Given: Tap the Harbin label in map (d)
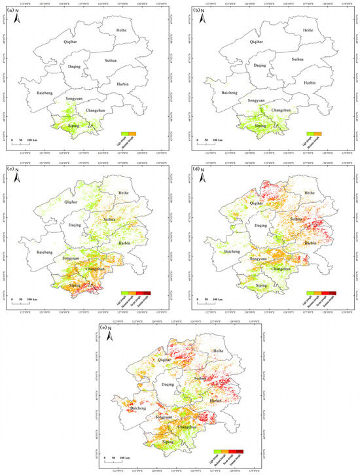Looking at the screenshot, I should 310,242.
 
